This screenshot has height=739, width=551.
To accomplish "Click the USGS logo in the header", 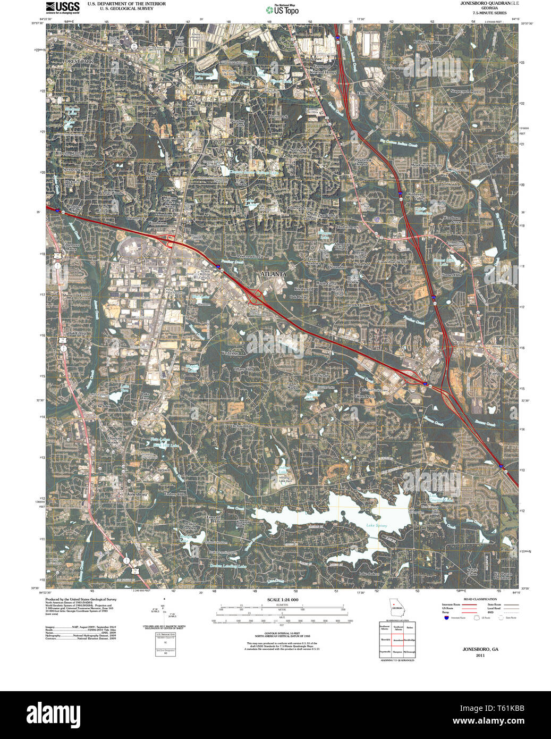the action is tap(62, 7).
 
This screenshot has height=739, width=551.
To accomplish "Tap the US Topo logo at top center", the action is tap(282, 10).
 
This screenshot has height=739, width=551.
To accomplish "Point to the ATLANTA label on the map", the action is tap(273, 274).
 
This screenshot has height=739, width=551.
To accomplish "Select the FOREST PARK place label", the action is tap(78, 62).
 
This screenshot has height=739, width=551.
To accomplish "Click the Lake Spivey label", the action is tap(376, 526).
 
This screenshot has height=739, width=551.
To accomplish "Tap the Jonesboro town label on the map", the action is tap(135, 494).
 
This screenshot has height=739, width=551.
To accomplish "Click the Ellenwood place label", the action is tap(366, 94).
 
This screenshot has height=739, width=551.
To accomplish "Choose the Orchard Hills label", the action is tap(242, 426).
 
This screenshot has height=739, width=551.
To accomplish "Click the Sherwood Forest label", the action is tap(77, 296).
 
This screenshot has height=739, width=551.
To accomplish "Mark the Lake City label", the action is tap(191, 106).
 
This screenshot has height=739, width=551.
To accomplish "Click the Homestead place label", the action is tap(481, 164).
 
